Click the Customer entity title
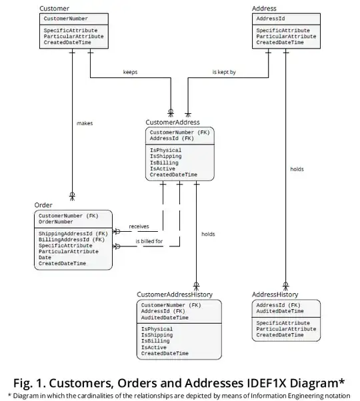[54, 8]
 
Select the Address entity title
[264, 8]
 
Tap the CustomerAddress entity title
[172, 122]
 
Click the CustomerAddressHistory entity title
[175, 294]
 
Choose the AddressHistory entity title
[275, 294]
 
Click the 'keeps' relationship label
[130, 72]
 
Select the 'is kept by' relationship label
[223, 72]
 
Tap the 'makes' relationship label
[85, 123]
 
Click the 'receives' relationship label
[139, 226]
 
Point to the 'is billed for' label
[149, 241]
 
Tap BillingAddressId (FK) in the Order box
[71, 240]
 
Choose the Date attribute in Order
[45, 258]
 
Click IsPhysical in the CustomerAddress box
[165, 151]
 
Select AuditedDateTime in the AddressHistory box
[280, 311]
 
